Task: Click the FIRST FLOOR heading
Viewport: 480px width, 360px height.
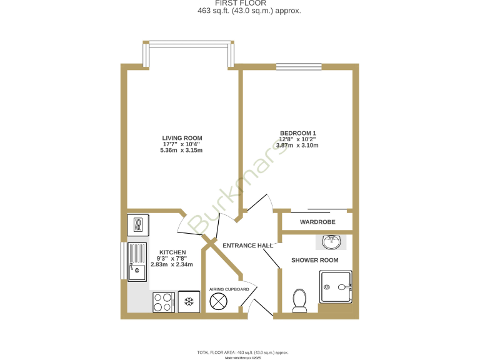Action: [240, 3]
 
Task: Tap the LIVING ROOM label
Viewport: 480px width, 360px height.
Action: [182, 138]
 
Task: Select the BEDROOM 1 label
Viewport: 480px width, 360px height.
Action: [297, 133]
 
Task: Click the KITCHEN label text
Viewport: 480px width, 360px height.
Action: [172, 252]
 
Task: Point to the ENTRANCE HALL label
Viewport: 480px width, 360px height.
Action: [248, 246]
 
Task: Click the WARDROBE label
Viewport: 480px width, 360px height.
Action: [317, 222]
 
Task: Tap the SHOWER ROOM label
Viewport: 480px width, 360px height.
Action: [315, 260]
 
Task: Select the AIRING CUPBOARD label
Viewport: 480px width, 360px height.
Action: [229, 289]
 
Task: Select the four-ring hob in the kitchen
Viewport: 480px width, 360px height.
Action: [164, 302]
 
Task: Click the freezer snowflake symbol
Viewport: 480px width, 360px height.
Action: [187, 302]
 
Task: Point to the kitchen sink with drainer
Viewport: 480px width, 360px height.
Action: [137, 262]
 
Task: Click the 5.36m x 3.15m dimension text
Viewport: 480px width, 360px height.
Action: [182, 151]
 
